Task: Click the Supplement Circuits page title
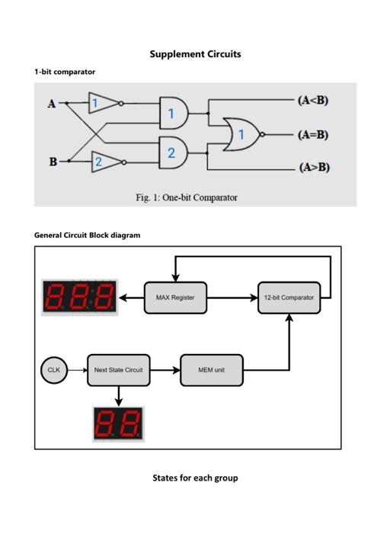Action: tap(195, 54)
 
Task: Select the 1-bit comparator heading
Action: tap(65, 72)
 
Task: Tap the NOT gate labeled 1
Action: tap(103, 103)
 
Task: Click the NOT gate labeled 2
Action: tap(105, 161)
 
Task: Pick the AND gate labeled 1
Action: tap(173, 114)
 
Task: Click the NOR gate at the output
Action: tap(241, 134)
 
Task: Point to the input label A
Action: tap(52, 104)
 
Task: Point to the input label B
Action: tap(53, 162)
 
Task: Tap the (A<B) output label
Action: tap(313, 101)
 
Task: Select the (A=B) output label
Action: tap(313, 134)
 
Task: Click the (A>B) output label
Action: tap(314, 167)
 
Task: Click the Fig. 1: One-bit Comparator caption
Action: tap(187, 198)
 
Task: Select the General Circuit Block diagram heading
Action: tap(87, 235)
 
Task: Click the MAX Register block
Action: tap(175, 298)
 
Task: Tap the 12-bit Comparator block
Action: tap(289, 298)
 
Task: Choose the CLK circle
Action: tap(53, 370)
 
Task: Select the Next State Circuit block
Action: tap(118, 370)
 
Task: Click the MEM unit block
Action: tap(211, 370)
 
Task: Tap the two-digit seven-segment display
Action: tap(118, 423)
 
